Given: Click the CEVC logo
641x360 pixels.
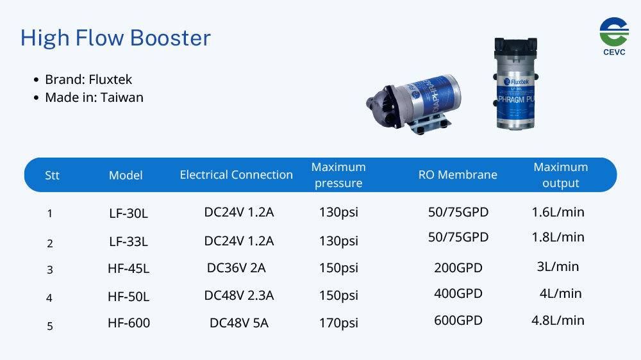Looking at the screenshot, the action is click(614, 36).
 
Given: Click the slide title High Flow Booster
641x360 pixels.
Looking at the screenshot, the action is click(115, 38).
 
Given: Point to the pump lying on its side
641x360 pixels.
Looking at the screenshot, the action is click(413, 104).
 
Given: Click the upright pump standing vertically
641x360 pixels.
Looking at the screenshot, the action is click(516, 84).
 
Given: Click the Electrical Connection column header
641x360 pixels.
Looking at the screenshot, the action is click(237, 175).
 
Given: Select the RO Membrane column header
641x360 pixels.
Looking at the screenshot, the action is click(458, 175).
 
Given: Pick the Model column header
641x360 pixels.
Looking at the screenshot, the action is click(126, 176).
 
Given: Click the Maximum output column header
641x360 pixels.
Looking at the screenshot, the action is click(560, 175).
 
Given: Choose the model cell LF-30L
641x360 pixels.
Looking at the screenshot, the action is click(128, 213).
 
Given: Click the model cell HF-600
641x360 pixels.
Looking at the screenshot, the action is click(129, 323).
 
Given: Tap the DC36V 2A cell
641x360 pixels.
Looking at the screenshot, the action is click(237, 268).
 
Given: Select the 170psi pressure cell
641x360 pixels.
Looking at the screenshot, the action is click(338, 323).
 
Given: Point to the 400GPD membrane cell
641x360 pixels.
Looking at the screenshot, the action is click(458, 293).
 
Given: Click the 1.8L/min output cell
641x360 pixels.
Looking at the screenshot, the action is click(558, 237).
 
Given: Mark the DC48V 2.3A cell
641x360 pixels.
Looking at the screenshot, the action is click(239, 295).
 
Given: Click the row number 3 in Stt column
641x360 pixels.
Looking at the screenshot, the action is click(50, 270).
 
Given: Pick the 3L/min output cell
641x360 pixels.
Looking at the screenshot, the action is click(558, 266).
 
